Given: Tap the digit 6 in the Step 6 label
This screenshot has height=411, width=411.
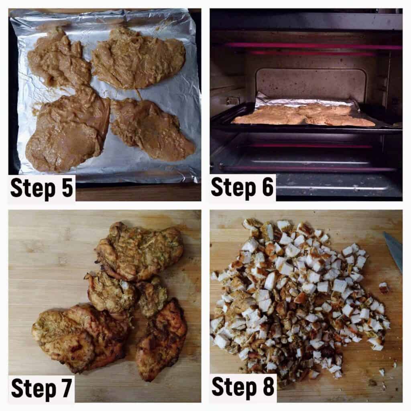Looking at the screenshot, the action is coord(268,187).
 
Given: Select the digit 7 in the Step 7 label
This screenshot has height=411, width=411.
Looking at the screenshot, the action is coord(66,389).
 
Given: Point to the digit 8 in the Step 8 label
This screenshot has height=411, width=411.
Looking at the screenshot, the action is coord(269,387).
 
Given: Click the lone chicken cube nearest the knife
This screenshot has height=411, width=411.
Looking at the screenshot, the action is coord(383,287).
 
